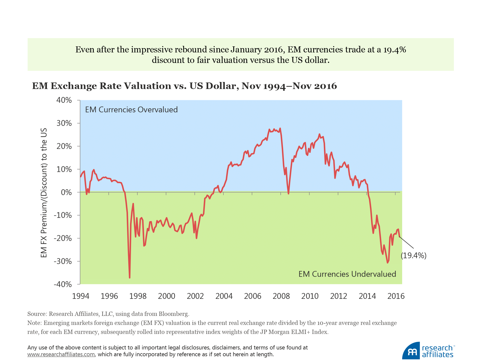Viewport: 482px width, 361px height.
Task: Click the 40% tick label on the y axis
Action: pyautogui.click(x=64, y=100)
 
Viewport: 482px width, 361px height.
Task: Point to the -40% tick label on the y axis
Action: pyautogui.click(x=63, y=284)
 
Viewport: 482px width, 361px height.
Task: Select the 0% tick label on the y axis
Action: pyautogui.click(x=66, y=193)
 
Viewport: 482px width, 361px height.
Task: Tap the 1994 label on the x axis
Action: pyautogui.click(x=81, y=296)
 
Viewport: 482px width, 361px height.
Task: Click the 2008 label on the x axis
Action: pyautogui.click(x=281, y=296)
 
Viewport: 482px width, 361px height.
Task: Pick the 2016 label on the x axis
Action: pyautogui.click(x=396, y=296)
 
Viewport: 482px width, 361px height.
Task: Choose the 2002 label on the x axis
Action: pyautogui.click(x=195, y=296)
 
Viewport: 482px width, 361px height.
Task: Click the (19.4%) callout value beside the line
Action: pyautogui.click(x=413, y=255)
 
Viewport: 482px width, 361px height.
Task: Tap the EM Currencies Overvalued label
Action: pyautogui.click(x=131, y=110)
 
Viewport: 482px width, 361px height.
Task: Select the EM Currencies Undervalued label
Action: pyautogui.click(x=347, y=274)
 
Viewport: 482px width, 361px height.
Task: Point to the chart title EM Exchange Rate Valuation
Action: pyautogui.click(x=184, y=86)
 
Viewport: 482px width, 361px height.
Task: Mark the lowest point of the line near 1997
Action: pyautogui.click(x=130, y=278)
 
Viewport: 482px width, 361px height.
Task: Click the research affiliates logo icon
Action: pyautogui.click(x=411, y=351)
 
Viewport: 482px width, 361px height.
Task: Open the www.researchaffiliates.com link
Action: pyautogui.click(x=61, y=354)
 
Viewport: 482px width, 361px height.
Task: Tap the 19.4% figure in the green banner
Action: pyautogui.click(x=395, y=50)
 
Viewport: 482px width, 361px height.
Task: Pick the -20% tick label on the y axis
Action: pyautogui.click(x=63, y=238)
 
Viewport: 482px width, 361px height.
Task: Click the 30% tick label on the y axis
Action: pyautogui.click(x=64, y=123)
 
